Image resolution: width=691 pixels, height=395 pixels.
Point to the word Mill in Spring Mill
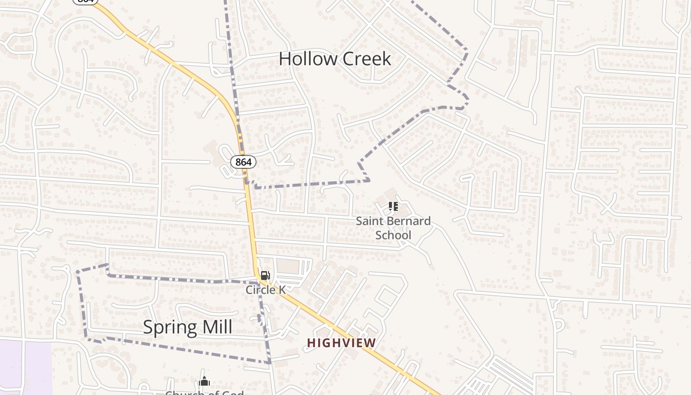click(216, 327)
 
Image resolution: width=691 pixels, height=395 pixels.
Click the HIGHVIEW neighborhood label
click(341, 342)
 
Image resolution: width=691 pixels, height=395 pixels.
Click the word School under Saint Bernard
click(393, 235)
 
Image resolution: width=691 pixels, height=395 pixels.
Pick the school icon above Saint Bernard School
click(393, 206)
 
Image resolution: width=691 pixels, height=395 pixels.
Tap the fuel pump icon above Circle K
click(265, 276)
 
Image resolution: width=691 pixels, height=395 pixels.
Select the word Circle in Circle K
click(260, 290)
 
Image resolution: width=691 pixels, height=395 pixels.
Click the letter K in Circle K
click(282, 290)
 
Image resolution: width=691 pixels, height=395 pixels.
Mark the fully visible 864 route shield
click(243, 162)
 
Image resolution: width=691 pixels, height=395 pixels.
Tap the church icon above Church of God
click(204, 381)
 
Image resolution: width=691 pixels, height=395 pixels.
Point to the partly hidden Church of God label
click(204, 393)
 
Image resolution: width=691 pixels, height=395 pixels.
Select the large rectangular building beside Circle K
click(288, 267)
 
